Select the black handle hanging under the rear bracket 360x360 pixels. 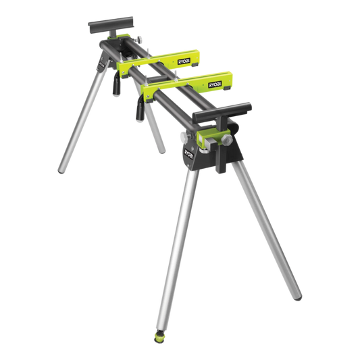115,86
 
